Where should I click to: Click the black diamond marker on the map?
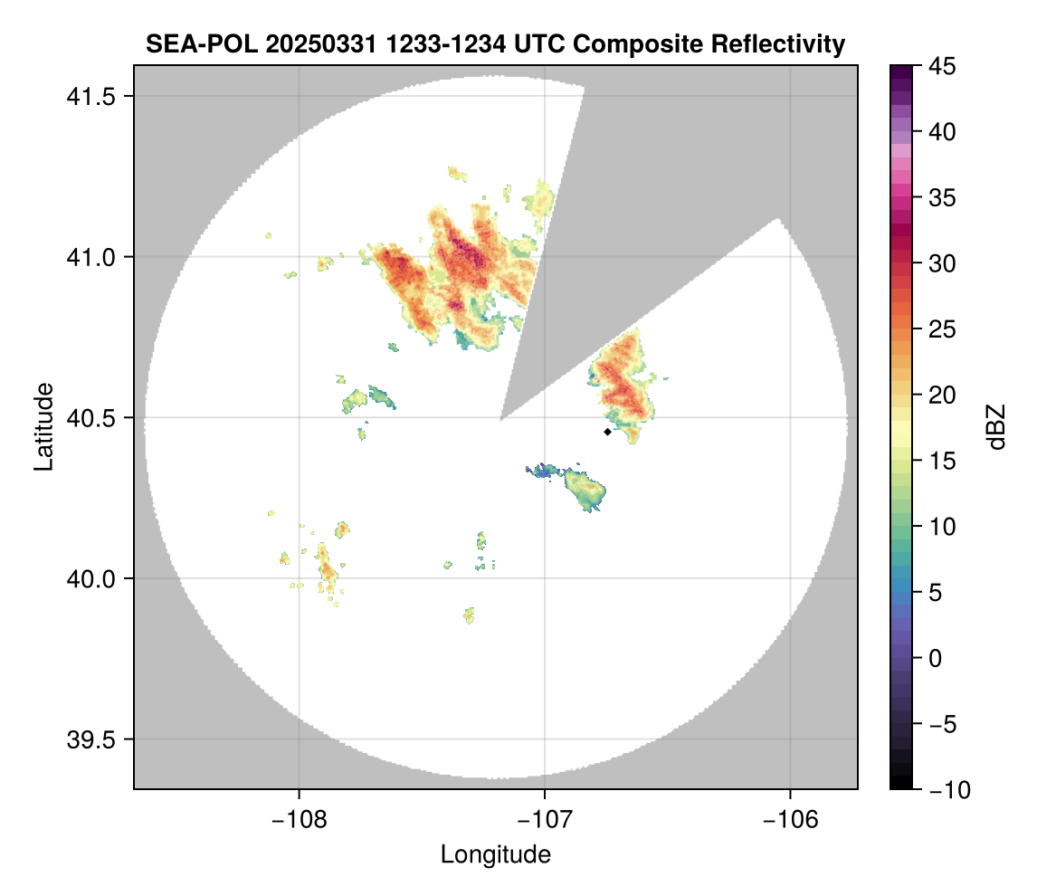coord(607,432)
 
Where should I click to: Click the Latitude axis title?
coord(43,426)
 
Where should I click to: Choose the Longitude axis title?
coord(496,853)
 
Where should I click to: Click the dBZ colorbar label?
coord(996,426)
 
